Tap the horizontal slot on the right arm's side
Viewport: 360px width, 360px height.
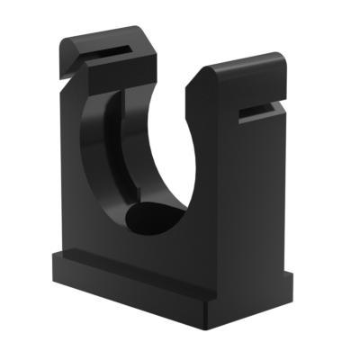tap(261, 112)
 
